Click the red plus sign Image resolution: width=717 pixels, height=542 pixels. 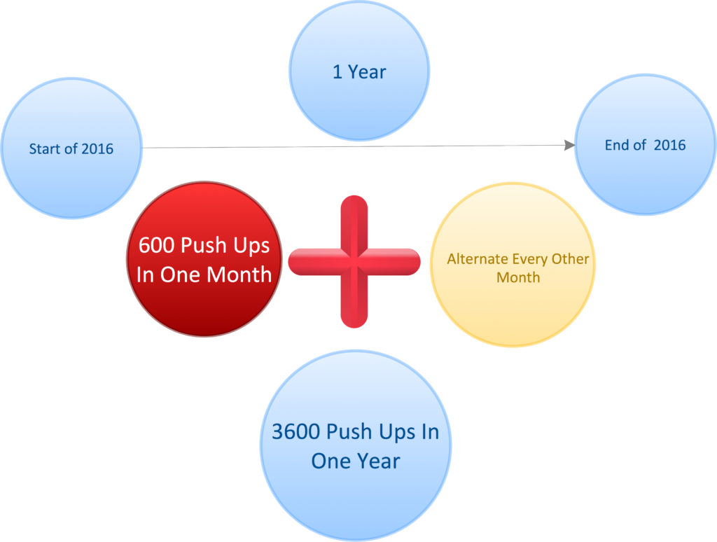point(354,262)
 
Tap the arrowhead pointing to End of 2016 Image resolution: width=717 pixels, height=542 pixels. point(570,145)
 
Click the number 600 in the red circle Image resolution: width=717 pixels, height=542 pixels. point(157,245)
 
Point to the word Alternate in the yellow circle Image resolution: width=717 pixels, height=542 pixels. point(478,259)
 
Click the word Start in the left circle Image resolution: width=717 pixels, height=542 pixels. point(45,148)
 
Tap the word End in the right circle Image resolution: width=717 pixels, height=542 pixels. point(616,145)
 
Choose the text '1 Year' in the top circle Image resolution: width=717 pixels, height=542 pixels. point(359,72)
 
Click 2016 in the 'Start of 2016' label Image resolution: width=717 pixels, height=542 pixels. point(97,148)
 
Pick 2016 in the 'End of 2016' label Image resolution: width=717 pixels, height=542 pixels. point(670,145)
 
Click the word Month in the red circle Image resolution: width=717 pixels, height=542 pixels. point(239,275)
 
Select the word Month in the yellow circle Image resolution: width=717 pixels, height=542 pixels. point(518,277)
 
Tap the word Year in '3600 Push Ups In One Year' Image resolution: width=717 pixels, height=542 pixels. point(378,461)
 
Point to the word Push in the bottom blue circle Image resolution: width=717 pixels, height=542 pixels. point(349,431)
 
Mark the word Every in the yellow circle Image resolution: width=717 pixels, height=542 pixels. point(530,259)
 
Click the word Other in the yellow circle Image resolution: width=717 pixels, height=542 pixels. point(570,259)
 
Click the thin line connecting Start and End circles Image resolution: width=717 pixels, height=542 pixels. point(353,146)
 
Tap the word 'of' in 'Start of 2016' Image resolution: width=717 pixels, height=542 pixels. point(71,148)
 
